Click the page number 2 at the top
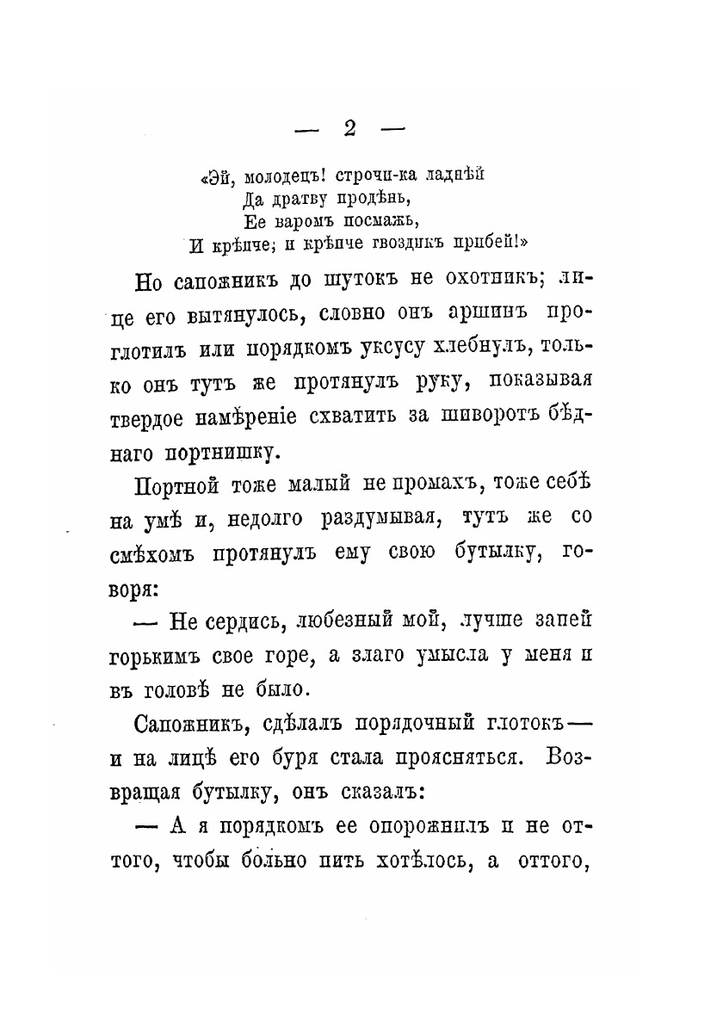pos(349,128)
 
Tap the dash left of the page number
pos(306,130)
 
